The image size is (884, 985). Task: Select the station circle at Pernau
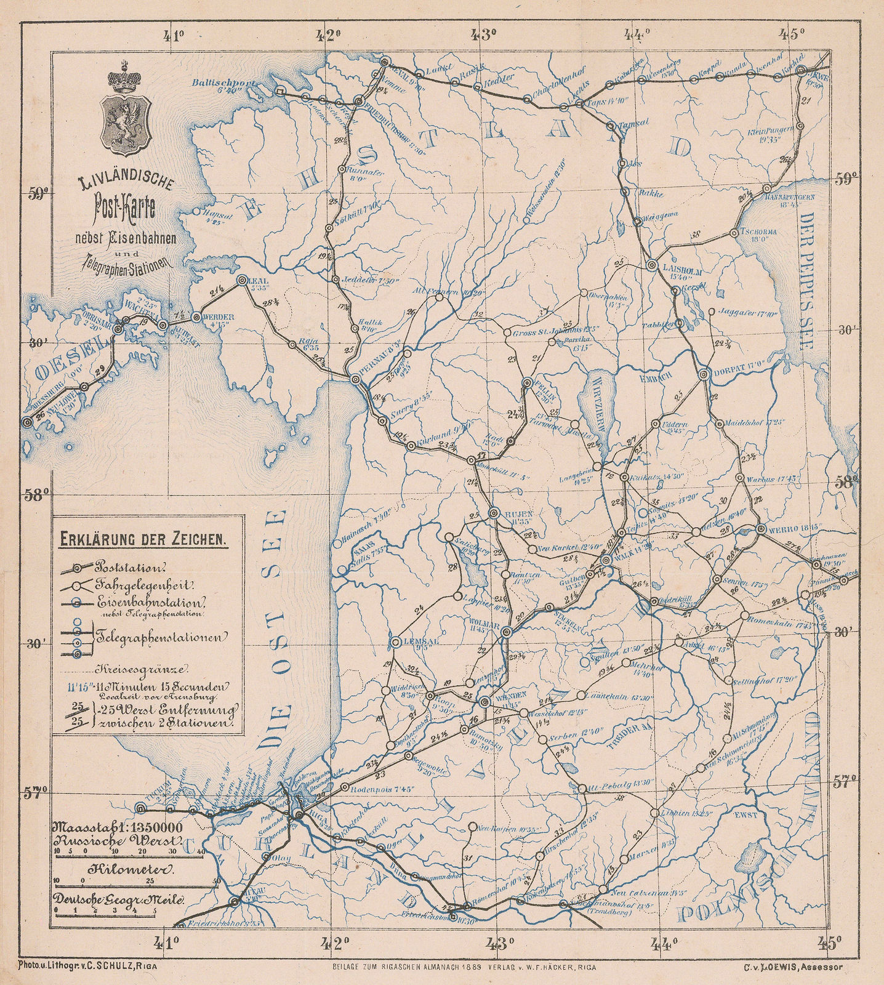(x=355, y=380)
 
